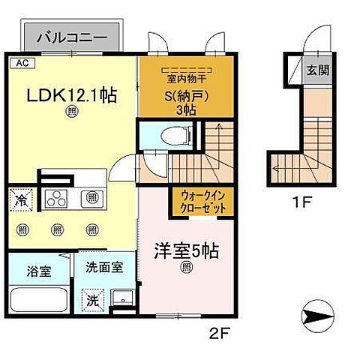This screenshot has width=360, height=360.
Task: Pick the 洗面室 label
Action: (99, 265)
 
